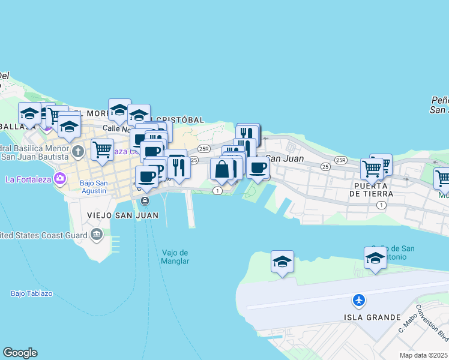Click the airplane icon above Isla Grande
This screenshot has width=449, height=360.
click(x=359, y=299)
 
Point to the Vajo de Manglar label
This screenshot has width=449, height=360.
click(x=175, y=257)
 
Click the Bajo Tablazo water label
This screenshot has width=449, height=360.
click(x=31, y=293)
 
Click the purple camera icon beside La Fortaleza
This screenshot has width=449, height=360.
click(x=59, y=178)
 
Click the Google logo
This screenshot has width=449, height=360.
click(x=20, y=353)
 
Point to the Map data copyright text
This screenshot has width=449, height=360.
click(x=424, y=355)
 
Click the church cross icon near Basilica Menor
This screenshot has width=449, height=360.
click(x=78, y=151)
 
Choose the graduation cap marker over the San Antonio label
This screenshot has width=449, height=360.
click(x=375, y=258)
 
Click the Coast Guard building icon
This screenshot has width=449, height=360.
click(x=97, y=235)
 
